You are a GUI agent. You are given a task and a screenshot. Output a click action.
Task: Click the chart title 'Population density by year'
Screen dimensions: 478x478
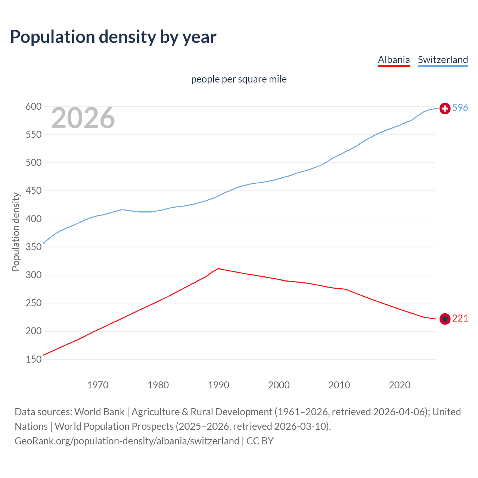[113, 37]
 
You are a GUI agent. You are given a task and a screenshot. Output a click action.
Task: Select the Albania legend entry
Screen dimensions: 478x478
[394, 60]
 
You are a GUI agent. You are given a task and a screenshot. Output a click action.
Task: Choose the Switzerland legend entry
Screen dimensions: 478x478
[443, 60]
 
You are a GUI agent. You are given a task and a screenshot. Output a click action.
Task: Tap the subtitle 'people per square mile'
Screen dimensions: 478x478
[239, 79]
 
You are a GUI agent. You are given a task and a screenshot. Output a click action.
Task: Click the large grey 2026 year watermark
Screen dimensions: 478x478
[83, 118]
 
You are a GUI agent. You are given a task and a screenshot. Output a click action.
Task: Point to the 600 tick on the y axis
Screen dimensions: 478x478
[33, 107]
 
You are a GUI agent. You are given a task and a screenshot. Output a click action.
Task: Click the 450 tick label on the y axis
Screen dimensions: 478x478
[33, 191]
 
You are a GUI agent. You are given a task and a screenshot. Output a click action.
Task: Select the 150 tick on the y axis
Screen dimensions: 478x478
[33, 359]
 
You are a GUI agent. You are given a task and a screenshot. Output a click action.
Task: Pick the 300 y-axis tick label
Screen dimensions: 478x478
[33, 275]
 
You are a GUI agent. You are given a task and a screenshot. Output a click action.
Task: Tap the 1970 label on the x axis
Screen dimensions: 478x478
[98, 385]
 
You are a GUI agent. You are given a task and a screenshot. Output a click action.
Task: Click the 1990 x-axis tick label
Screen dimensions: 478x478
[218, 385]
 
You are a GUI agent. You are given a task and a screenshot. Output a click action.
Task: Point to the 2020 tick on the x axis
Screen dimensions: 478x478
[400, 385]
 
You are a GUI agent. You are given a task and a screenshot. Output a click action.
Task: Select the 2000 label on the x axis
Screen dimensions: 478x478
[279, 385]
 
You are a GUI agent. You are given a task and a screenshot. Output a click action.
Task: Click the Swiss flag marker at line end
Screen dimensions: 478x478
[445, 108]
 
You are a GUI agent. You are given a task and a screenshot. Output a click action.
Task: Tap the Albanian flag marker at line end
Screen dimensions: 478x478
[445, 319]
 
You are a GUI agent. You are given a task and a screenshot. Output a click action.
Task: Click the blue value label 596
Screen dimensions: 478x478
[460, 108]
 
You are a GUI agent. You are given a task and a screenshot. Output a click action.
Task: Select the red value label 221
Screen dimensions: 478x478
[460, 318]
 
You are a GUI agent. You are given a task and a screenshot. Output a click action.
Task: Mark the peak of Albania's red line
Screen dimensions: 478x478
[218, 269]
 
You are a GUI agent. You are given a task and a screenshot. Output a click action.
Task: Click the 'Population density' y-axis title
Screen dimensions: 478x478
[16, 232]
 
